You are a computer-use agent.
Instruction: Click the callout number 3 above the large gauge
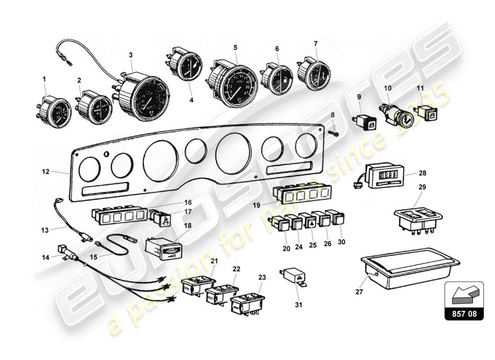tap(131, 55)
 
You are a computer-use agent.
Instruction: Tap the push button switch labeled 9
tap(364, 121)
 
